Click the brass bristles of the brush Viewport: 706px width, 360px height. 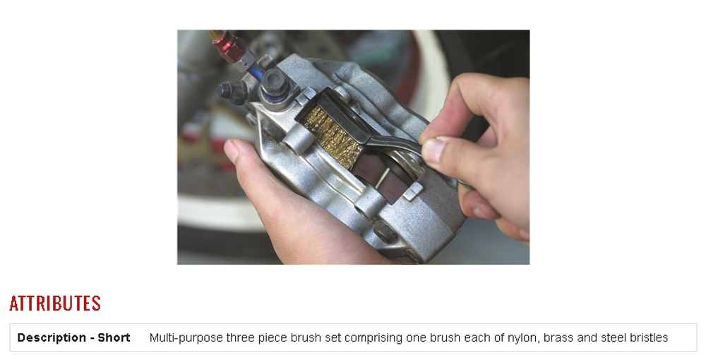tap(333, 136)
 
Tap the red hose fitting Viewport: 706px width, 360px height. tap(228, 47)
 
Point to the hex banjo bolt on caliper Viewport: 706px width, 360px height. tap(275, 83)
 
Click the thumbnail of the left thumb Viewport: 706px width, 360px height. tap(232, 150)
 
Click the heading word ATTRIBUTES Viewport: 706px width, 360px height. tap(55, 304)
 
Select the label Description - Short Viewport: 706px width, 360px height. tap(74, 337)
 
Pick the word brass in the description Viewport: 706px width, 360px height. tap(558, 337)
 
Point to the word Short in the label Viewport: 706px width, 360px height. tap(114, 337)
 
